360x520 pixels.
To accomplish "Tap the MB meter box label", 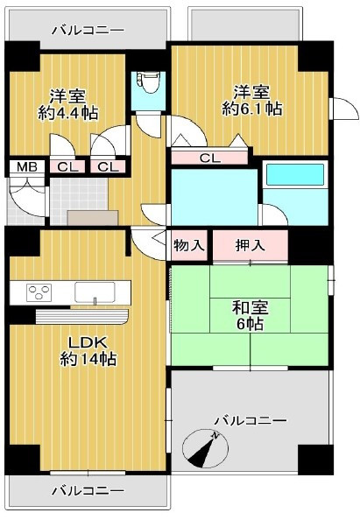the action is coord(27,167).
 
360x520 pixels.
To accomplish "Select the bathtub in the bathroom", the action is coord(295,175).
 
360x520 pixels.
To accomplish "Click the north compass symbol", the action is coord(205,448).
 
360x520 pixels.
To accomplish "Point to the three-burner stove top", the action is coord(39,292).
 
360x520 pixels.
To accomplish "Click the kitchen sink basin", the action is coord(95,292).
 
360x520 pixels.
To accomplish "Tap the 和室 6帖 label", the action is coord(250,315).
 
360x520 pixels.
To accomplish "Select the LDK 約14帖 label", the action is coord(88,351).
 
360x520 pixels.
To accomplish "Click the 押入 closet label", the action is coord(250,246).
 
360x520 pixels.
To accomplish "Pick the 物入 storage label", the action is coord(188,246).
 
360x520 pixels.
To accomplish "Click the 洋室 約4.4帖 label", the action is coord(68,104).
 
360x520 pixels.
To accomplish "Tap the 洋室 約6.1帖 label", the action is coord(252,101).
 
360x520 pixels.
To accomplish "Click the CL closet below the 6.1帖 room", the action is coord(209,158).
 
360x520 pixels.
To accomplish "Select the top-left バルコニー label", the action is coord(88,31).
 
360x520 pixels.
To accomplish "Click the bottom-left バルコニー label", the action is coord(88,491).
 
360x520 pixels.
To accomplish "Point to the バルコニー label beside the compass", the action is coord(251,421).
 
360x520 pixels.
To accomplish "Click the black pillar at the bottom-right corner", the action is coord(315,460).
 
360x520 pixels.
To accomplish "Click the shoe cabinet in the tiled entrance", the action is coord(93,218).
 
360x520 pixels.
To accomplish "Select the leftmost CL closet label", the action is coord(67,167).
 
